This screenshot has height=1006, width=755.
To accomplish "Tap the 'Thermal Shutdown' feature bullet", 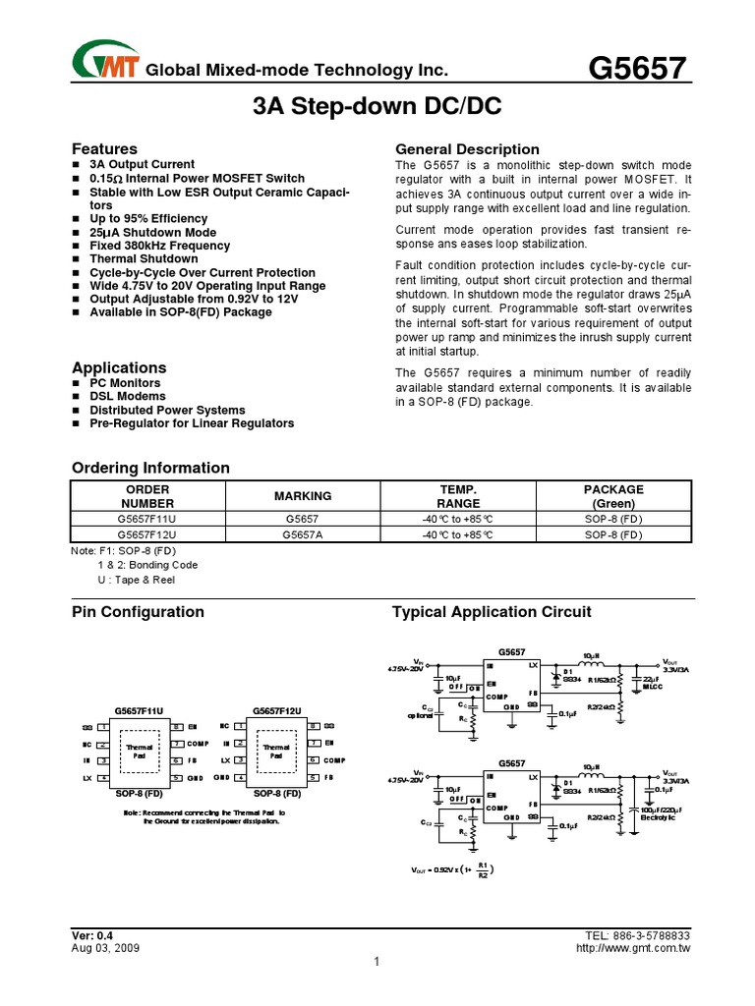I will pos(144,259).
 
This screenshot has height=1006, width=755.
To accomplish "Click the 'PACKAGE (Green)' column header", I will pos(613,496).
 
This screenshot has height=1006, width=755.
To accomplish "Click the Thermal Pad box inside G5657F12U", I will pos(276,752).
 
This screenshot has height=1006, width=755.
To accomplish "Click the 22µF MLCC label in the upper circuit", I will pos(653,683).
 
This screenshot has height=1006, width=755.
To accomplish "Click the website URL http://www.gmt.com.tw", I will pos(632,948).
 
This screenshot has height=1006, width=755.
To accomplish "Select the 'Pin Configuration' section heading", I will pos(139,612).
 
